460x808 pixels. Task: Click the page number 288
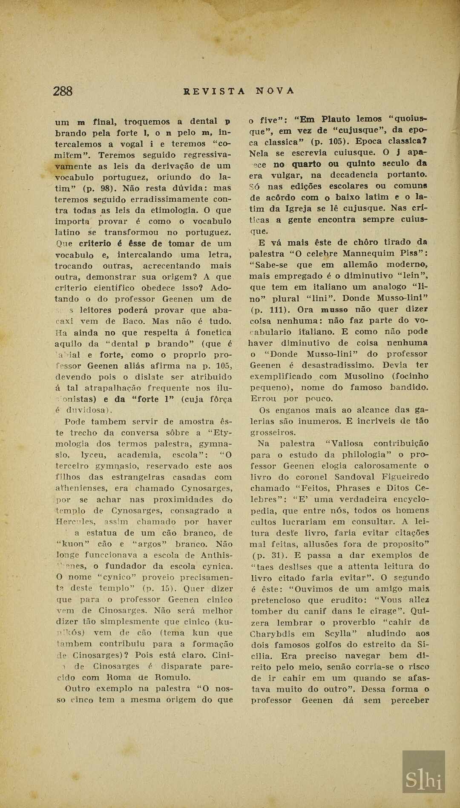pos(63,91)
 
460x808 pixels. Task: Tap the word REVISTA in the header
pos(214,91)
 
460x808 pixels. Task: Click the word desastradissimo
pos(337,365)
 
